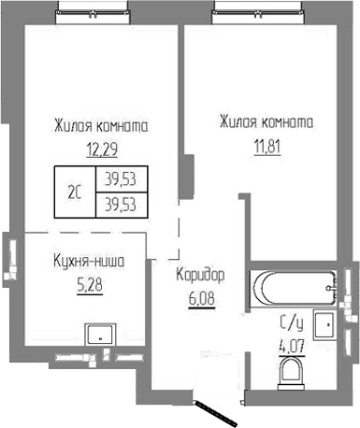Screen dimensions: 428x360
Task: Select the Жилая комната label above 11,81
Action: (x=266, y=121)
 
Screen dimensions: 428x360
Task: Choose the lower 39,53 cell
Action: (x=118, y=201)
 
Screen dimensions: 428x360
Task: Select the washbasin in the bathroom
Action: (x=324, y=327)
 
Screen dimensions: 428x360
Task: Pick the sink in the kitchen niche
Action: (x=97, y=334)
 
